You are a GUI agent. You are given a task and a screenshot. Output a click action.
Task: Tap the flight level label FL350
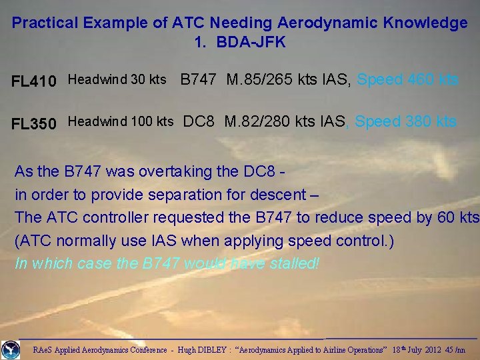(34, 123)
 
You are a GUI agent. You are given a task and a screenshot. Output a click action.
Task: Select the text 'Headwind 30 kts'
(117, 80)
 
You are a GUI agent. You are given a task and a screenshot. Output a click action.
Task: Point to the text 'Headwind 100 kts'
(121, 121)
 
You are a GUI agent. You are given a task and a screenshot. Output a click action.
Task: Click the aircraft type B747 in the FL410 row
(199, 80)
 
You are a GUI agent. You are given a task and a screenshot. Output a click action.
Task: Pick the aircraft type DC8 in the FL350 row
(199, 121)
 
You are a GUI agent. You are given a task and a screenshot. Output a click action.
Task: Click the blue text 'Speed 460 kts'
(408, 80)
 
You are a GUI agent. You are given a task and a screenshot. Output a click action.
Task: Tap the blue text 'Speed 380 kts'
(406, 121)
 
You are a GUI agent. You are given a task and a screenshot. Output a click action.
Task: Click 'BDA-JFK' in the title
(250, 42)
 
